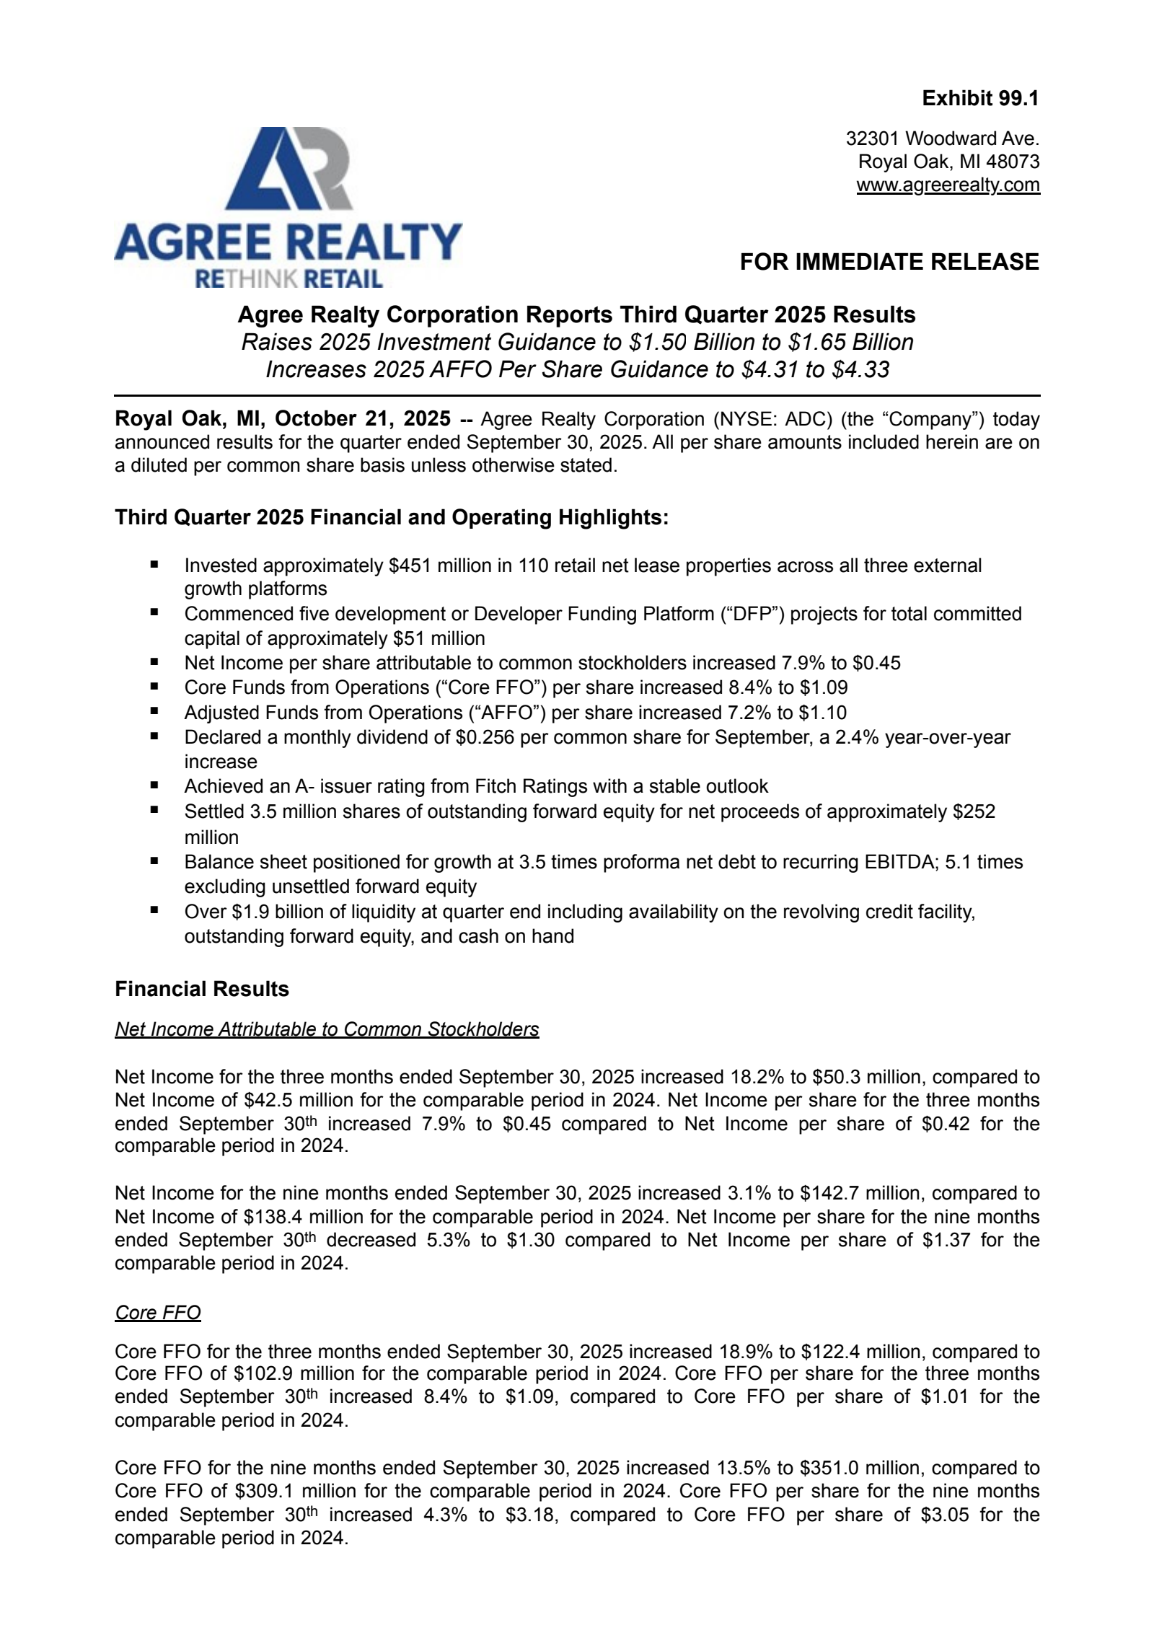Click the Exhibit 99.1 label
980,99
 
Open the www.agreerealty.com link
948,185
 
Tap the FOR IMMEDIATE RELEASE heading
889,262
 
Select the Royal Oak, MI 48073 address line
948,162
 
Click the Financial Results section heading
202,989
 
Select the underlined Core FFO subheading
158,1313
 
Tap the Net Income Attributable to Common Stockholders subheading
327,1029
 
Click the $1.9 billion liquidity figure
278,912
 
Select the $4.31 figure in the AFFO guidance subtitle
771,369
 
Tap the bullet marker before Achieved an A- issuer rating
154,785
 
